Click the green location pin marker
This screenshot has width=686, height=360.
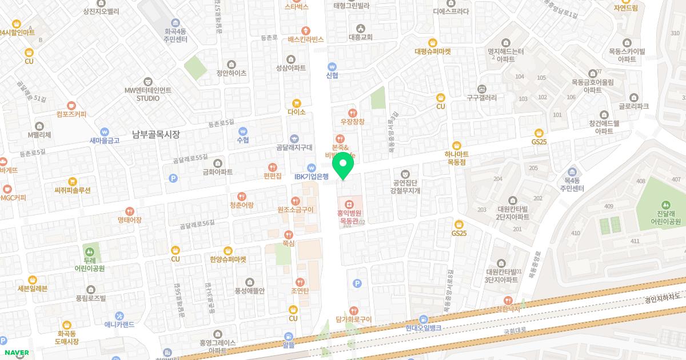pos(342,166)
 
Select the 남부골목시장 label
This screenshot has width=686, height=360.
pos(155,135)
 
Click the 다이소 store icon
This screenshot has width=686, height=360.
pos(296,103)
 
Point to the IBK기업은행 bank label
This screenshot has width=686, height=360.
pos(311,177)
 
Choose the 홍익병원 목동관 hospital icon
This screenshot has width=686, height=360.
pos(348,203)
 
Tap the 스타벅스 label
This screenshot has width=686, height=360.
pos(297,7)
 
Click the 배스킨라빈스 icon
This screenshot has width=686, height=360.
pos(306,30)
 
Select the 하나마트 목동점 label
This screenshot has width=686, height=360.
pos(456,158)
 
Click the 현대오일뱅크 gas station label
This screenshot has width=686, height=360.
pos(424,328)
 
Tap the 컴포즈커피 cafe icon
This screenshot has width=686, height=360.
pos(71,105)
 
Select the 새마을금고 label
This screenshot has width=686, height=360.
pos(104,141)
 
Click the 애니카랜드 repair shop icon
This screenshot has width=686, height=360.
pos(119,315)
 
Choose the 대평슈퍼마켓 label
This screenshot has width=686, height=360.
pos(433,51)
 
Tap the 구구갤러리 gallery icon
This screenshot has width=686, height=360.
pos(481,89)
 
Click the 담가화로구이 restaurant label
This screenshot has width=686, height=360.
pos(354,319)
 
